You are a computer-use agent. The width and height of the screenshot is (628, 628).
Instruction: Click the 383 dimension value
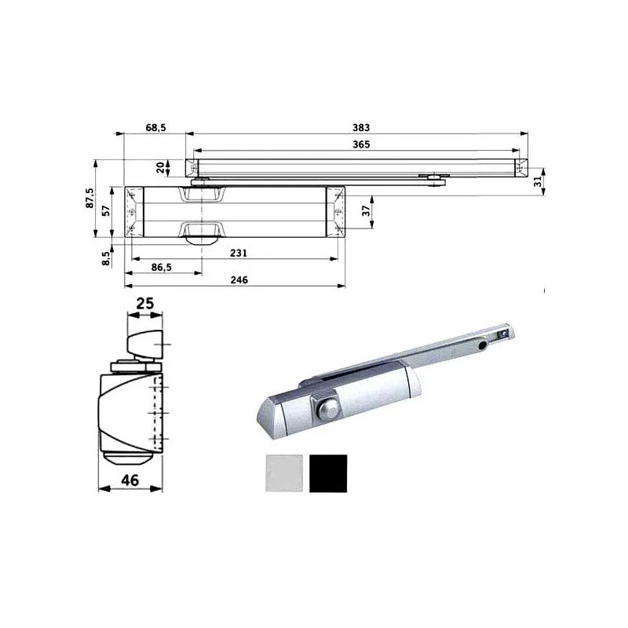tap(360, 127)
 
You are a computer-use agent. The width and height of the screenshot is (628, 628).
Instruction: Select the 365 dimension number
tap(360, 144)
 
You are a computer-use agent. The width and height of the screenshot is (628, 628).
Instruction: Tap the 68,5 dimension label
tap(155, 127)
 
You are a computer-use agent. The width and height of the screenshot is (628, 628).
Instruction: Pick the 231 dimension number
tap(239, 253)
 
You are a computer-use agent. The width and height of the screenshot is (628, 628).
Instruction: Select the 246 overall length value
tap(239, 280)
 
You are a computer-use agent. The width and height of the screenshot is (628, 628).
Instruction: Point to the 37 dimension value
tap(364, 210)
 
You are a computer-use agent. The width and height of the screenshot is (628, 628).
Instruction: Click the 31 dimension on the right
tap(538, 181)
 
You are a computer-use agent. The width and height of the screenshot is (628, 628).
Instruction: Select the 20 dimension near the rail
tap(160, 167)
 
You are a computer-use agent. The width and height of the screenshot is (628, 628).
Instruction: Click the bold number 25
tap(144, 302)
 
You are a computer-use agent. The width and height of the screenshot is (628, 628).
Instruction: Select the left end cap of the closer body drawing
tap(133, 211)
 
